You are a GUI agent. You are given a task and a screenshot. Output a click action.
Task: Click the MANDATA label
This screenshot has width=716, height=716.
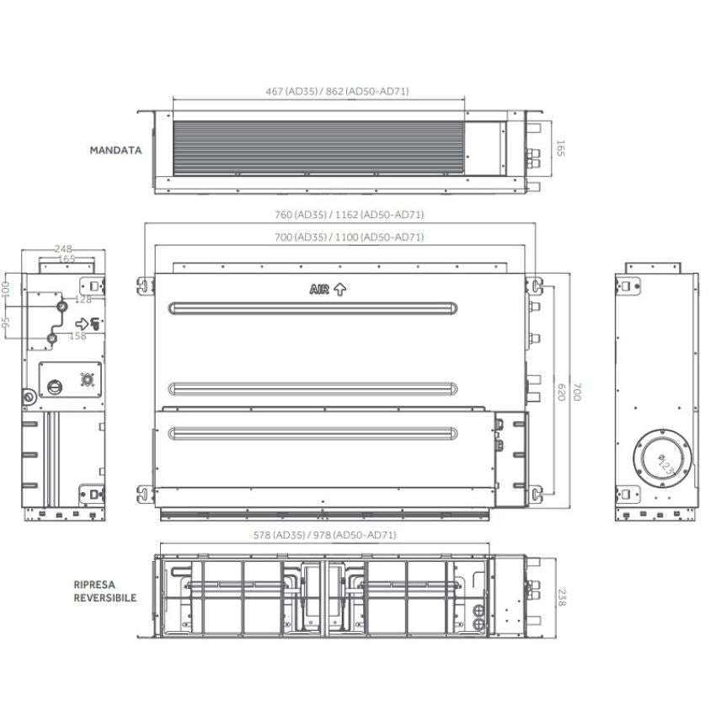click(115, 150)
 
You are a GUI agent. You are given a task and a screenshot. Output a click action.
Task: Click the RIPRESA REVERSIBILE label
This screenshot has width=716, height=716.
click(105, 590)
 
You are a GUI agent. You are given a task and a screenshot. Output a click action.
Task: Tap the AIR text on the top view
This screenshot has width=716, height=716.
click(319, 290)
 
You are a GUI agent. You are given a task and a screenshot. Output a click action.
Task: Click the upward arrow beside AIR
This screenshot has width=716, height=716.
click(339, 290)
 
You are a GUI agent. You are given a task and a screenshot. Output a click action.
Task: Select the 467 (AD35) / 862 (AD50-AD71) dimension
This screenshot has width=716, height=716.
click(337, 91)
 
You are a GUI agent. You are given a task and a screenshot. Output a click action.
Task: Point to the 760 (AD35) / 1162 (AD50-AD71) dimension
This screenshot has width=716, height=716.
click(350, 214)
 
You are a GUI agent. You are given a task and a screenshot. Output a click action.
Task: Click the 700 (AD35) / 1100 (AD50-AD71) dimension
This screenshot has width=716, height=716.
click(350, 237)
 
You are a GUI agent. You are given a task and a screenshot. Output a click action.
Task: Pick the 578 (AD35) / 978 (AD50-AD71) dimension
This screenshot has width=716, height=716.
click(324, 535)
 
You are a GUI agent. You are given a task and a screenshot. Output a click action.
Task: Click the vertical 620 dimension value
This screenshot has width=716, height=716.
click(562, 393)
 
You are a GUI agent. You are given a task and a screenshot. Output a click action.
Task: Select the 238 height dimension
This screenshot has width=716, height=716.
click(562, 598)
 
